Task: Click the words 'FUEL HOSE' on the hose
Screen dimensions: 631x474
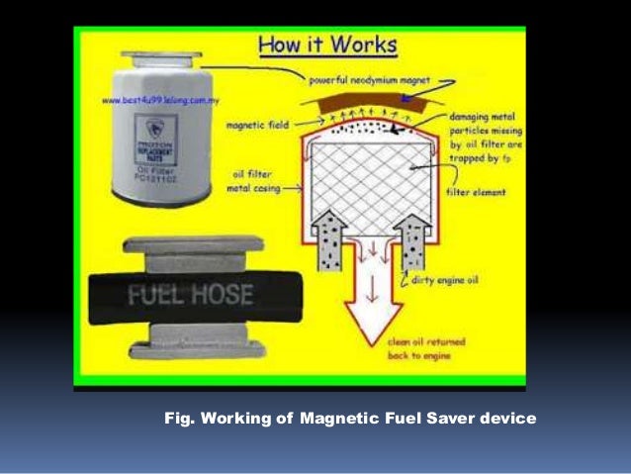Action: click(x=190, y=295)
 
